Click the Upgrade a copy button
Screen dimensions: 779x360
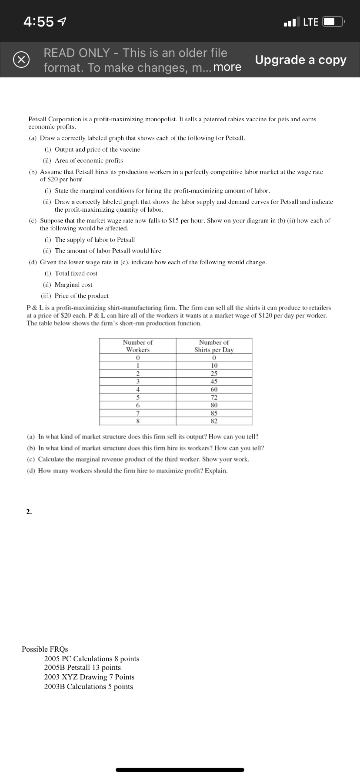pos(300,60)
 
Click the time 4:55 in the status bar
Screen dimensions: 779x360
pos(39,22)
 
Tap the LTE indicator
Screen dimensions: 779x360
pos(310,22)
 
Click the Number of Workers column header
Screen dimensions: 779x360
pos(137,346)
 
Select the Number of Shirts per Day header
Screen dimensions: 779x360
pos(214,346)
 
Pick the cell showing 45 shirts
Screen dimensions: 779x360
pos(214,381)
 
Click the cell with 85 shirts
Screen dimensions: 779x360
pos(214,413)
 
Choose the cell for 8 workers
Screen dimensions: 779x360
pos(137,421)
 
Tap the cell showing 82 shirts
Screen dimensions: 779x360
pos(214,421)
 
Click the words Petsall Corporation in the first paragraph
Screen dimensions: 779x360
pos(55,119)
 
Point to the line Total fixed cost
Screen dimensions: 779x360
pos(76,273)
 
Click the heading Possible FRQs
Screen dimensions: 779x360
pos(45,649)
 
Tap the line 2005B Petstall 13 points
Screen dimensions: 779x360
pos(82,667)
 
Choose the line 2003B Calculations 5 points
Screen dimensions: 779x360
pos(88,686)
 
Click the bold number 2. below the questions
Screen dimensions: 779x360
pos(29,512)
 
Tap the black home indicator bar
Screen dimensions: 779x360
pos(180,769)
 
